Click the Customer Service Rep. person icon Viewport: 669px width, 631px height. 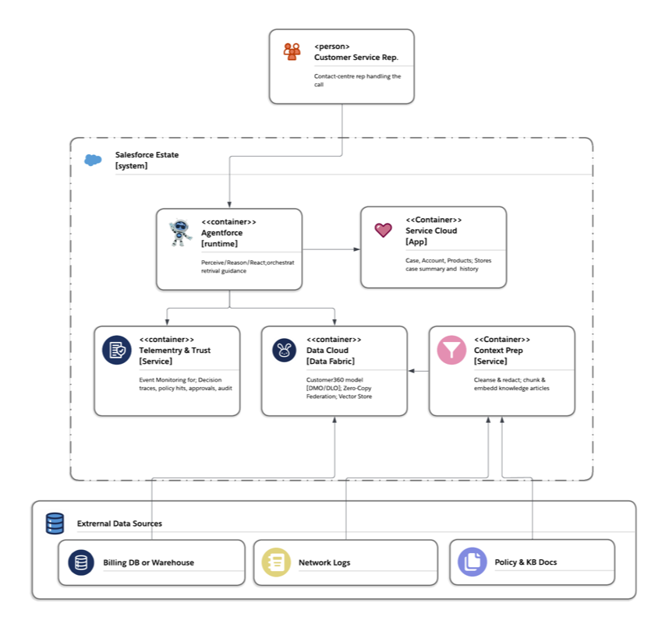292,51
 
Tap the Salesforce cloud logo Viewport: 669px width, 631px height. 93,160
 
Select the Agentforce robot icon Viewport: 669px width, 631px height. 180,232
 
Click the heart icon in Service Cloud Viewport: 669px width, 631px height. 383,230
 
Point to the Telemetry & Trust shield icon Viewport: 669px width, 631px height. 116,351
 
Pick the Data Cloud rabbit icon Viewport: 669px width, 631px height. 284,351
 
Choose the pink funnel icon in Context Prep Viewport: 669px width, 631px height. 451,350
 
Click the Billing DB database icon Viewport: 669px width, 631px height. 81,562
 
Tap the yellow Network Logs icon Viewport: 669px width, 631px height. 276,562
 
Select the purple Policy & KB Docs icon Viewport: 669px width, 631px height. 472,562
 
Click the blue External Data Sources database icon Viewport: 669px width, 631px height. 55,523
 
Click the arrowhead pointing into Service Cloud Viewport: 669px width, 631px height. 357,249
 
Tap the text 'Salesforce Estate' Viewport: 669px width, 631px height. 147,155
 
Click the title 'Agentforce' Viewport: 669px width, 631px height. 222,232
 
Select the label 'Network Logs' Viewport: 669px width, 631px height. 324,562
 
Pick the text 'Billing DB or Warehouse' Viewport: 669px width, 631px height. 148,562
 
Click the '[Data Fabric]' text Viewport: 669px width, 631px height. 331,361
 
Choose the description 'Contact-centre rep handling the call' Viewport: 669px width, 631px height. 357,80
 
